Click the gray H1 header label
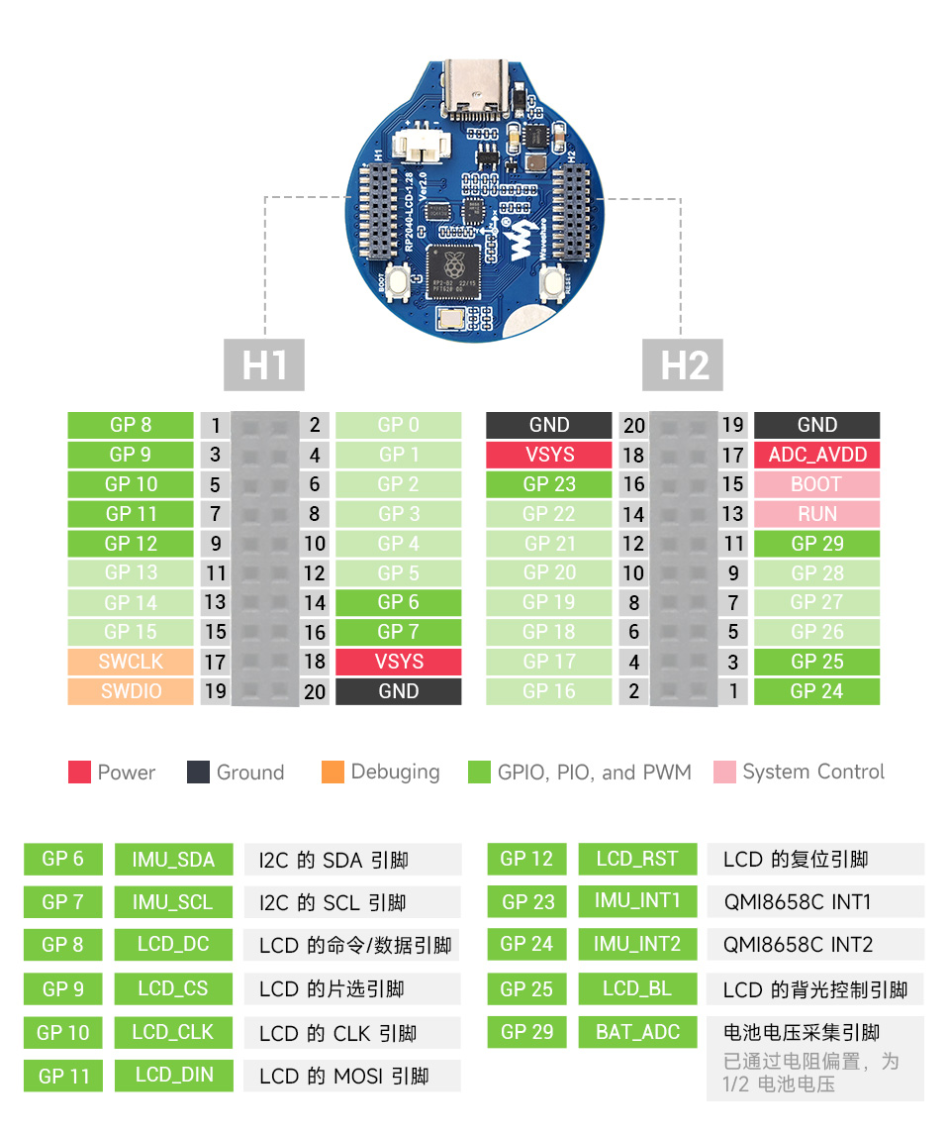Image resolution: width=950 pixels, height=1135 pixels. (x=264, y=364)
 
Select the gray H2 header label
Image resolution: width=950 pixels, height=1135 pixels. (x=684, y=364)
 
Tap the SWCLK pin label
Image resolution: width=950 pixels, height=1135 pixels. (x=131, y=662)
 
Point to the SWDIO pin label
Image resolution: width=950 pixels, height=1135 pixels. (x=131, y=691)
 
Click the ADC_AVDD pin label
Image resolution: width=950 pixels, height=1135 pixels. (x=816, y=455)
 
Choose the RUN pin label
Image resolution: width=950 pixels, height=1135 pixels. (x=816, y=514)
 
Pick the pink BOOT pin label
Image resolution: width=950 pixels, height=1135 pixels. (x=816, y=484)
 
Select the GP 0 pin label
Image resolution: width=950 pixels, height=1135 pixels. (x=398, y=425)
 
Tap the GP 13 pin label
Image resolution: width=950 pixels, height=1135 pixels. (x=131, y=572)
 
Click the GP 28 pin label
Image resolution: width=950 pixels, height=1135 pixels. (x=816, y=572)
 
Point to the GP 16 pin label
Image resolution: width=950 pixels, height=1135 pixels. (x=548, y=691)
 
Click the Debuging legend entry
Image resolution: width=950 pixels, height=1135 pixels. (x=382, y=773)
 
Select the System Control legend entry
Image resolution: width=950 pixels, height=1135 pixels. (x=800, y=773)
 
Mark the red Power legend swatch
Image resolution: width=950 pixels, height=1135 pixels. (x=80, y=773)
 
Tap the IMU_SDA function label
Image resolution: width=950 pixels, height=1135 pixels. (x=173, y=859)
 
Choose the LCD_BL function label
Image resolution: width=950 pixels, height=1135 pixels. (x=637, y=988)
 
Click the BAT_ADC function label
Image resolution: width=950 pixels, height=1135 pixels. (x=637, y=1032)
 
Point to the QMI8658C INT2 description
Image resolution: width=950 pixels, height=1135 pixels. (x=797, y=945)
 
